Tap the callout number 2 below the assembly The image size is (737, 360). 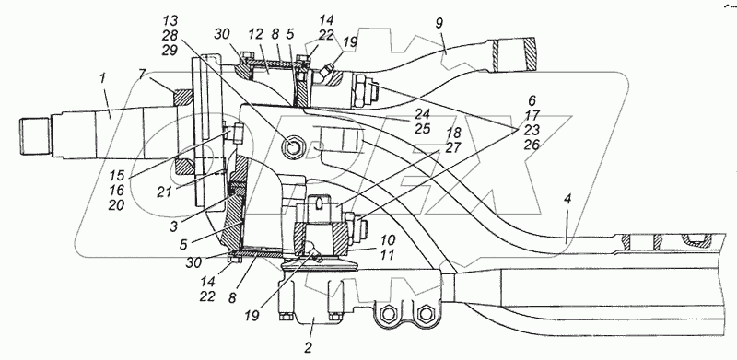click(308, 348)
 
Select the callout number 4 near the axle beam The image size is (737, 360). click(567, 199)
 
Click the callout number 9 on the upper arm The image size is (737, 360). click(439, 24)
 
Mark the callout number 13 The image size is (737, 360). click(170, 21)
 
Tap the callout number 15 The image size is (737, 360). click(117, 175)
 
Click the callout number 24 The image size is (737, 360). click(423, 113)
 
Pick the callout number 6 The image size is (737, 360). click(532, 100)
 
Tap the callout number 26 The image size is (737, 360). click(532, 145)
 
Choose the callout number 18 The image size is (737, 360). click(453, 133)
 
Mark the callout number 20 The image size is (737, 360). click(117, 205)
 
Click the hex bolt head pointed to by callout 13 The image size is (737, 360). click(294, 148)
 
